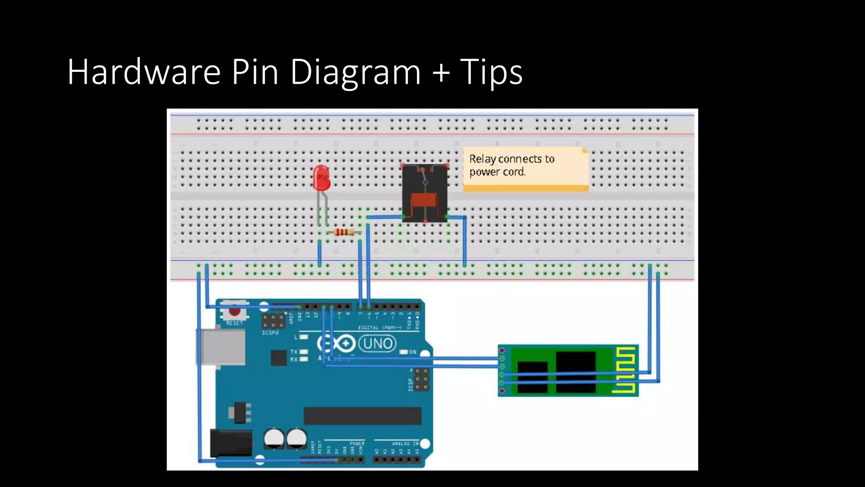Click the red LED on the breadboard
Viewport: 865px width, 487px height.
coord(321,178)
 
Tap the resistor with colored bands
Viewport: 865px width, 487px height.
coord(344,232)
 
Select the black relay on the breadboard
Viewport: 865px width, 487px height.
coord(424,193)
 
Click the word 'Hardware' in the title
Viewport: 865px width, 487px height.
coord(144,72)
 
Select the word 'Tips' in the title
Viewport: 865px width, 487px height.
coord(491,72)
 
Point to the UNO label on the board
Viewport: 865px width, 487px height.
coord(378,343)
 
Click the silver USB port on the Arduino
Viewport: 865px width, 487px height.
coord(220,347)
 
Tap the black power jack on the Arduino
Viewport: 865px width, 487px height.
coord(231,443)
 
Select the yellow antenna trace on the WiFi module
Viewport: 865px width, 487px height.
coord(625,370)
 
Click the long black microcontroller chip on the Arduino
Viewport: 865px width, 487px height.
coord(362,416)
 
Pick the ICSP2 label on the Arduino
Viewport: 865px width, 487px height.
coord(270,333)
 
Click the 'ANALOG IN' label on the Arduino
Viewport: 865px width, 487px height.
coord(405,443)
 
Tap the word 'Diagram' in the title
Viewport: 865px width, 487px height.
coord(356,72)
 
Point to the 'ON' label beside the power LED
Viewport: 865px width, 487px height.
coord(413,352)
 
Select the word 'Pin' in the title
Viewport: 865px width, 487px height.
coord(255,72)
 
